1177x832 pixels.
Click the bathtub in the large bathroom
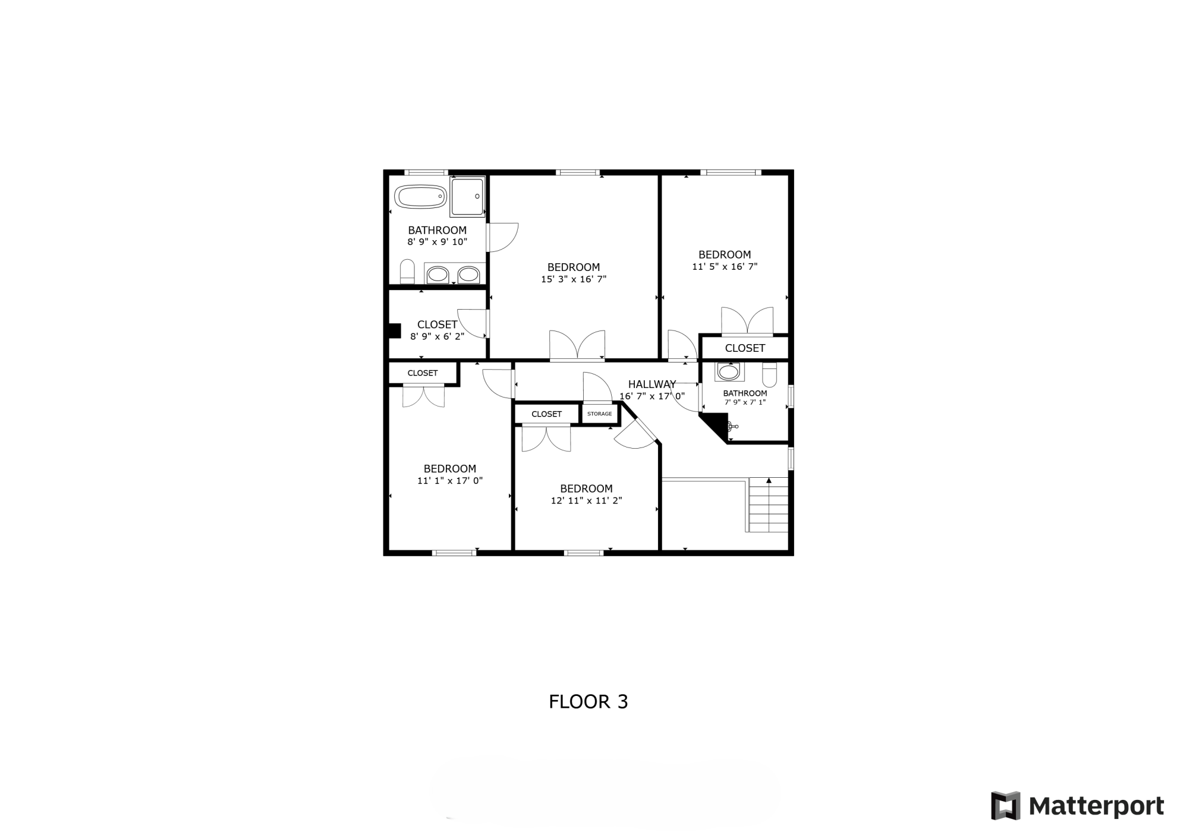click(420, 197)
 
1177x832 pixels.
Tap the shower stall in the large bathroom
click(467, 196)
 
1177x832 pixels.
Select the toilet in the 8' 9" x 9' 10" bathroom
click(407, 272)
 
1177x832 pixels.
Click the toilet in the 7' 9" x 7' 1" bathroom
click(769, 374)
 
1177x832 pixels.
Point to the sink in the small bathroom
click(729, 372)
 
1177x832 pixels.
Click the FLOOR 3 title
click(588, 702)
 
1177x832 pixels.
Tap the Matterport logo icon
click(1005, 806)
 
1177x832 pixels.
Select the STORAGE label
click(599, 414)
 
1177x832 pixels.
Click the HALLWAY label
click(652, 384)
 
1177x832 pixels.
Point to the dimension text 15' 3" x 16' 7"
click(574, 279)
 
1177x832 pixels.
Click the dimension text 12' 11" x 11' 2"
click(586, 501)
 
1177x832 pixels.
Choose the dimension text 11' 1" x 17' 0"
click(450, 481)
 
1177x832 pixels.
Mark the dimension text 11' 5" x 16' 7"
click(725, 267)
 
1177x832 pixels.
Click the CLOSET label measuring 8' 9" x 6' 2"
click(437, 324)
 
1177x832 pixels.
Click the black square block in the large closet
click(395, 331)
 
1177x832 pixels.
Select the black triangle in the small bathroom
click(714, 427)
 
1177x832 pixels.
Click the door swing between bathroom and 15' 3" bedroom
click(503, 237)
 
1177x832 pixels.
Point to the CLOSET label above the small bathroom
click(745, 348)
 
